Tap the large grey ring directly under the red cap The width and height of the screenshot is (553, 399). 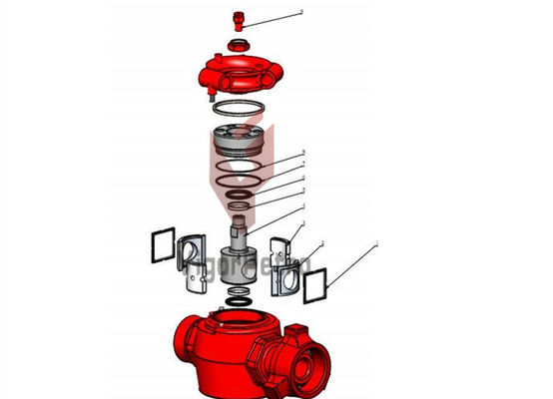click(x=240, y=111)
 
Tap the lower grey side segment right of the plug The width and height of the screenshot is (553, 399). click(x=284, y=279)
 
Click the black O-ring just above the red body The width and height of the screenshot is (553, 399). click(x=238, y=298)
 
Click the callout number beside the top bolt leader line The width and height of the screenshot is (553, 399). click(x=300, y=13)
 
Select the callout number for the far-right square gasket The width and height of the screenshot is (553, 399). click(x=376, y=242)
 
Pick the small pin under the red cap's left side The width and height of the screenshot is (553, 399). click(x=211, y=97)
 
